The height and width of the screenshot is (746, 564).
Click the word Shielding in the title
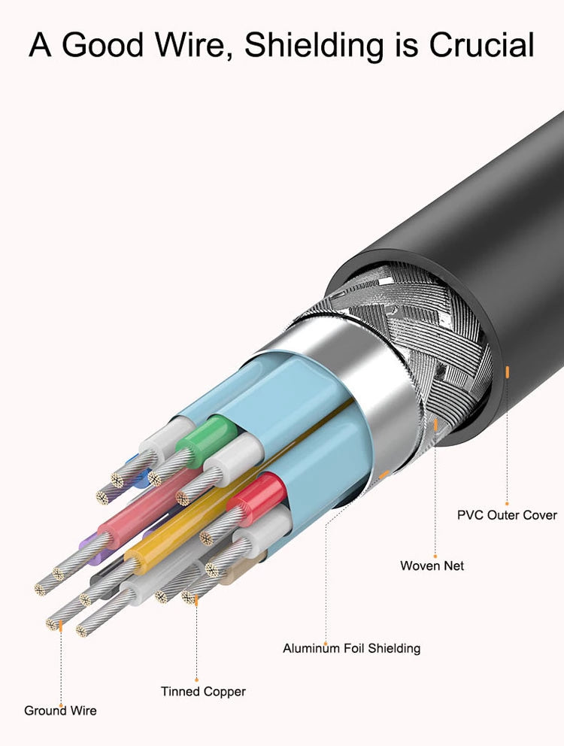(x=314, y=46)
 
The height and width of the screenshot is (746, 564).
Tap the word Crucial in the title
(x=482, y=45)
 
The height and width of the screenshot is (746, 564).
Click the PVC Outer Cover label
(x=507, y=515)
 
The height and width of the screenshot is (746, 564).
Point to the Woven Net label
(x=432, y=566)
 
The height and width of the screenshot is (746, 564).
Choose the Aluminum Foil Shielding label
(x=352, y=648)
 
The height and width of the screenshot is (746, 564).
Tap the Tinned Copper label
(x=203, y=692)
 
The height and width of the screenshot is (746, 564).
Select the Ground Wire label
(x=60, y=711)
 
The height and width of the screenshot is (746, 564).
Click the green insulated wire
(x=207, y=433)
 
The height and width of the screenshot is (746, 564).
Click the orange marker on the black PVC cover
(x=508, y=371)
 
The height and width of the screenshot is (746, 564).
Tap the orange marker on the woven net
(x=435, y=424)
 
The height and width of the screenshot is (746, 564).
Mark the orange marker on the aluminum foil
(x=384, y=474)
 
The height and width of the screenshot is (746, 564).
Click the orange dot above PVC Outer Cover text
(x=507, y=503)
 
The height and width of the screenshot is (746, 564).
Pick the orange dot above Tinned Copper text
(x=196, y=680)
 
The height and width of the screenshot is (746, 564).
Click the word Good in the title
(x=102, y=46)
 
